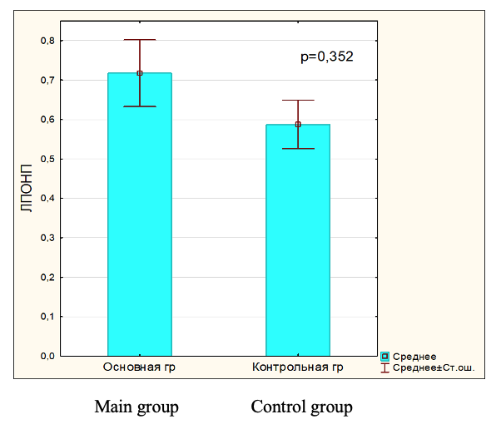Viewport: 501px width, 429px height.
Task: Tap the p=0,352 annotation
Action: pos(327,57)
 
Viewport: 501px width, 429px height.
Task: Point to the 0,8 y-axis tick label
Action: pos(48,41)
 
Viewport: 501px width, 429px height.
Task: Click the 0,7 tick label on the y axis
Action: pos(48,81)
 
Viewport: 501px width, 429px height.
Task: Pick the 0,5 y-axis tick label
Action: pos(48,159)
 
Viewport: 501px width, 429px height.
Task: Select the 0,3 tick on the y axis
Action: pos(48,238)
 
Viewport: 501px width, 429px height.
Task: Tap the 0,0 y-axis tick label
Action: pos(48,356)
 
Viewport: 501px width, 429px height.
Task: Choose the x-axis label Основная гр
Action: pos(140,367)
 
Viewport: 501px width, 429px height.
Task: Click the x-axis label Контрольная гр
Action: pos(298,367)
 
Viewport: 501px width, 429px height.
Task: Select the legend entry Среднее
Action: pos(414,357)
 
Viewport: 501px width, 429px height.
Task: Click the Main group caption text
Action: pos(136,407)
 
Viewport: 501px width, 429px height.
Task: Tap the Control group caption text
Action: pos(301,407)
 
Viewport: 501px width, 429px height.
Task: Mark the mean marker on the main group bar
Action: pos(140,73)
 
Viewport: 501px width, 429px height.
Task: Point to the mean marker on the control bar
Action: pos(298,125)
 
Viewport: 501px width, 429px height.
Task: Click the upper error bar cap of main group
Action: pos(140,40)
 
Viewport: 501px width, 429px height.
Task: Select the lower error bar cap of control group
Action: pos(298,148)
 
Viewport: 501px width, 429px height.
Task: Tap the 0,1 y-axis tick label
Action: pos(48,317)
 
